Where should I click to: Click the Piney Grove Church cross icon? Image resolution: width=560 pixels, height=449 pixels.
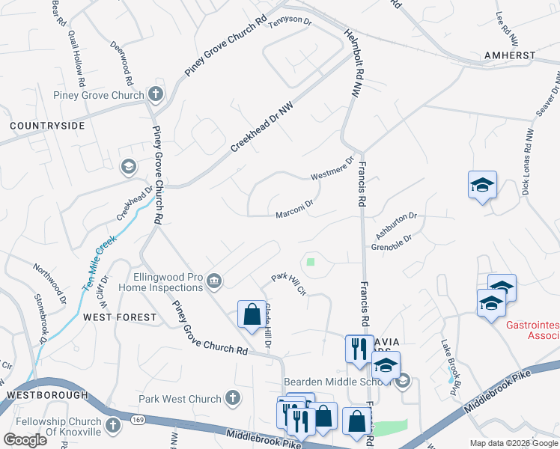coord(156,94)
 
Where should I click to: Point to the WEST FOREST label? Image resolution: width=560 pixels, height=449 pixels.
coord(120,317)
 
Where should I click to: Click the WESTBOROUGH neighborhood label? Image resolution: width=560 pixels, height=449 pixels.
coord(43,394)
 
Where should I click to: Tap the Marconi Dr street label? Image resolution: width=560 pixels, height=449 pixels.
coord(293,207)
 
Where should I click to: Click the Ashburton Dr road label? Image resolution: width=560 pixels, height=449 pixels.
coord(395,221)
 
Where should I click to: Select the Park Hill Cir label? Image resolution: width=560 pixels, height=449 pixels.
coord(289,284)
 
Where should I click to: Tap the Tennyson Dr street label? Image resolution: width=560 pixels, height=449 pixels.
coord(289,21)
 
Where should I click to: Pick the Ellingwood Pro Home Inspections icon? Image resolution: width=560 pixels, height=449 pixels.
coord(214,281)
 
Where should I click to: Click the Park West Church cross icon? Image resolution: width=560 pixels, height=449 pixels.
coord(233,399)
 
